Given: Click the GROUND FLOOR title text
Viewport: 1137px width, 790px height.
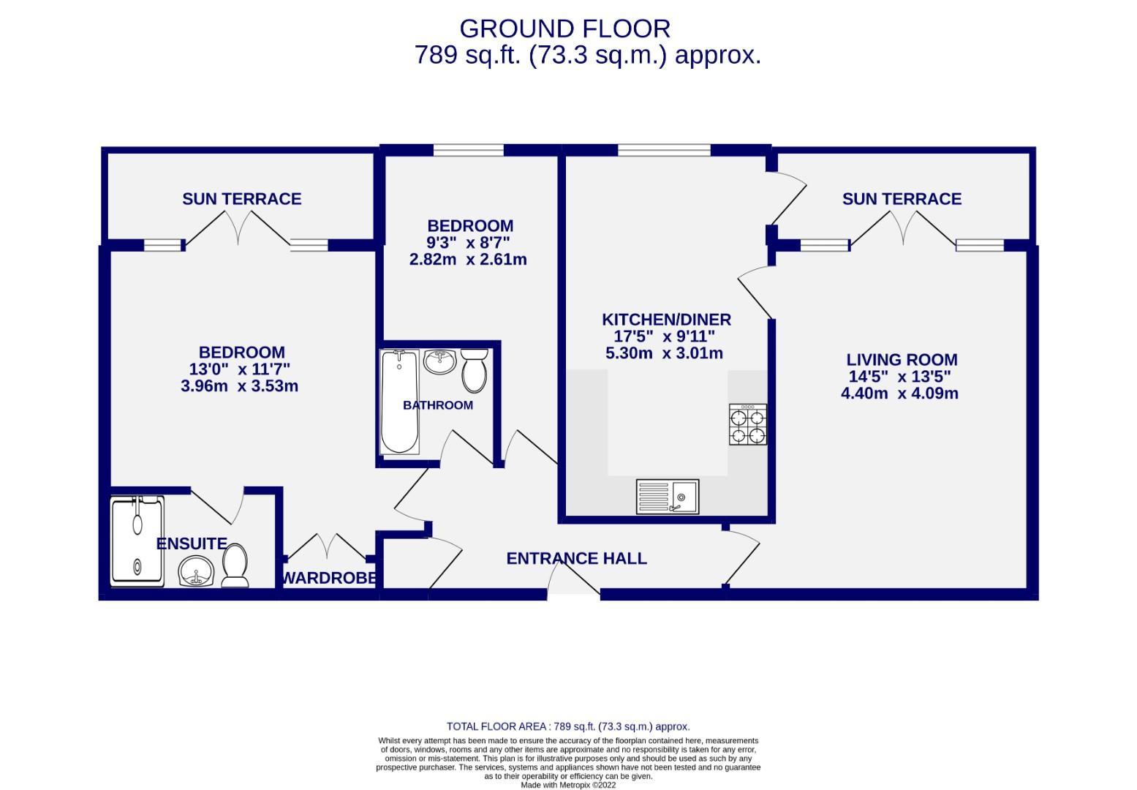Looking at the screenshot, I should [564, 29].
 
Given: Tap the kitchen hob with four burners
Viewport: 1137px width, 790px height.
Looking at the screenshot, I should [747, 425].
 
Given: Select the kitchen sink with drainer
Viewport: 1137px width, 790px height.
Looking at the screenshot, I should [667, 497].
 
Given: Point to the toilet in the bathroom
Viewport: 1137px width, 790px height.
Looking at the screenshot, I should [475, 370].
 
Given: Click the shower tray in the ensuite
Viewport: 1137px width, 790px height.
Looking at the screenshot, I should [137, 541].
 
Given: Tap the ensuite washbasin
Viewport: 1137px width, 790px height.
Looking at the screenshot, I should [195, 571].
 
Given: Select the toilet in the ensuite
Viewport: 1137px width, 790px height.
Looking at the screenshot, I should [235, 567].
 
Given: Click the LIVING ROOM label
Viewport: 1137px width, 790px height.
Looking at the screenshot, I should [902, 360].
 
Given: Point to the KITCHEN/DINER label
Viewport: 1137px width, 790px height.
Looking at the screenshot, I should [666, 320].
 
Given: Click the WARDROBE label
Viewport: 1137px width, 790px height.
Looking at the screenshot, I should [329, 578].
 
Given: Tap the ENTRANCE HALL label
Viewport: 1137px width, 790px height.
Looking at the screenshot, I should [576, 559].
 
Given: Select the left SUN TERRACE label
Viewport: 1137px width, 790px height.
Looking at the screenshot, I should [241, 199].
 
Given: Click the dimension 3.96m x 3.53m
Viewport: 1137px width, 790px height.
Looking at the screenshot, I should [239, 386].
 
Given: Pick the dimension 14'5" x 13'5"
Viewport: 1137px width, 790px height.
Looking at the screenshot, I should [899, 377].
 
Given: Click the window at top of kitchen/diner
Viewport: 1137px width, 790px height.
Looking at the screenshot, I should [664, 151].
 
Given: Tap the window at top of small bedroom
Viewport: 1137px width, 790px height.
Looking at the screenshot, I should [468, 151].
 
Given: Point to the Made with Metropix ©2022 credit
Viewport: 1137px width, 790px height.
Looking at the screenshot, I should [568, 785].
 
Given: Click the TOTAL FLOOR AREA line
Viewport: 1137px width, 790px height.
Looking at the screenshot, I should [568, 726].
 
